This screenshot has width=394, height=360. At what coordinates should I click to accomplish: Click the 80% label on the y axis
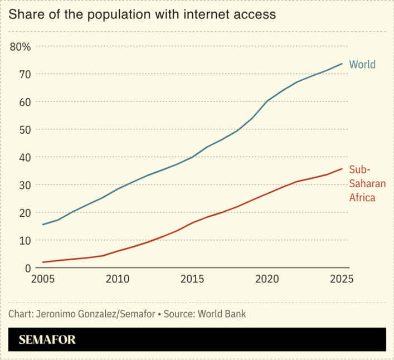coord(20,46)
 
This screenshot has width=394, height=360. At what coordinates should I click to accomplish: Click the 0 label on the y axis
coord(27,268)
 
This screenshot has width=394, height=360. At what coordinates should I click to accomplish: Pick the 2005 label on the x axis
coord(43,279)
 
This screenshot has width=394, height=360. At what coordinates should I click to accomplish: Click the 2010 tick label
coord(118,279)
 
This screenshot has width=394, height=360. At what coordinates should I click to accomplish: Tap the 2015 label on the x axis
coord(192,279)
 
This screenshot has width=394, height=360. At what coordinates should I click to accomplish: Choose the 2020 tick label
coord(267,279)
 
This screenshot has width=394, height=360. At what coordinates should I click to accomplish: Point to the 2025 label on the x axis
coord(341,279)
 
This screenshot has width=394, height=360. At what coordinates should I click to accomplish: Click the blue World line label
coord(362,65)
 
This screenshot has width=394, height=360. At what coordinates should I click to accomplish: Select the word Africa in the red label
coord(362,197)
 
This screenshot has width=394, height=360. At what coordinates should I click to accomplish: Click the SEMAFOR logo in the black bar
coord(47,340)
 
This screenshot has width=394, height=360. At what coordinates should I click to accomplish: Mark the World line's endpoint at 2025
coord(342,64)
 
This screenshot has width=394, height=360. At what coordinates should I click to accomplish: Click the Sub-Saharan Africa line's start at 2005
coord(43,262)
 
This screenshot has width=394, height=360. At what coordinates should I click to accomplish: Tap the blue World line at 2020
coord(267,101)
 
